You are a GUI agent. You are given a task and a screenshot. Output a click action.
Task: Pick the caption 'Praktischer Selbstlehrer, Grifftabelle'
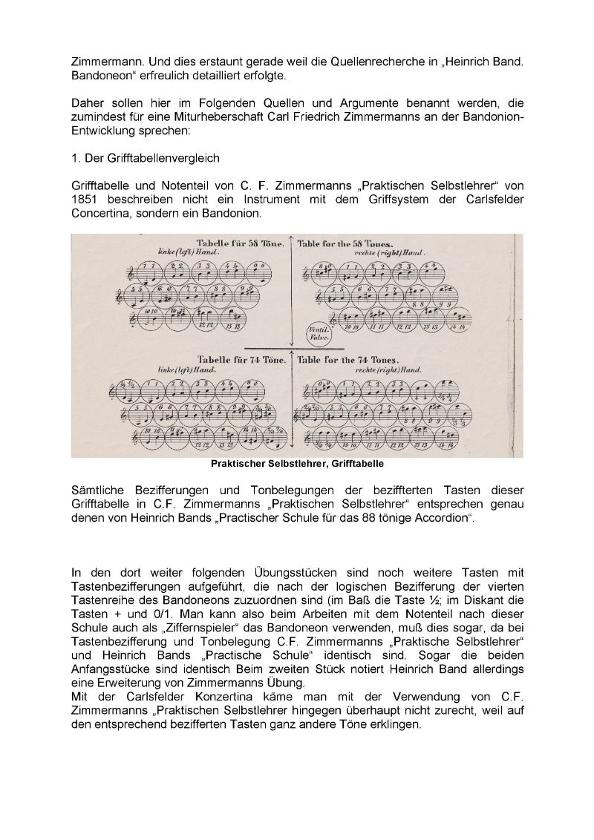(x=297, y=465)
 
